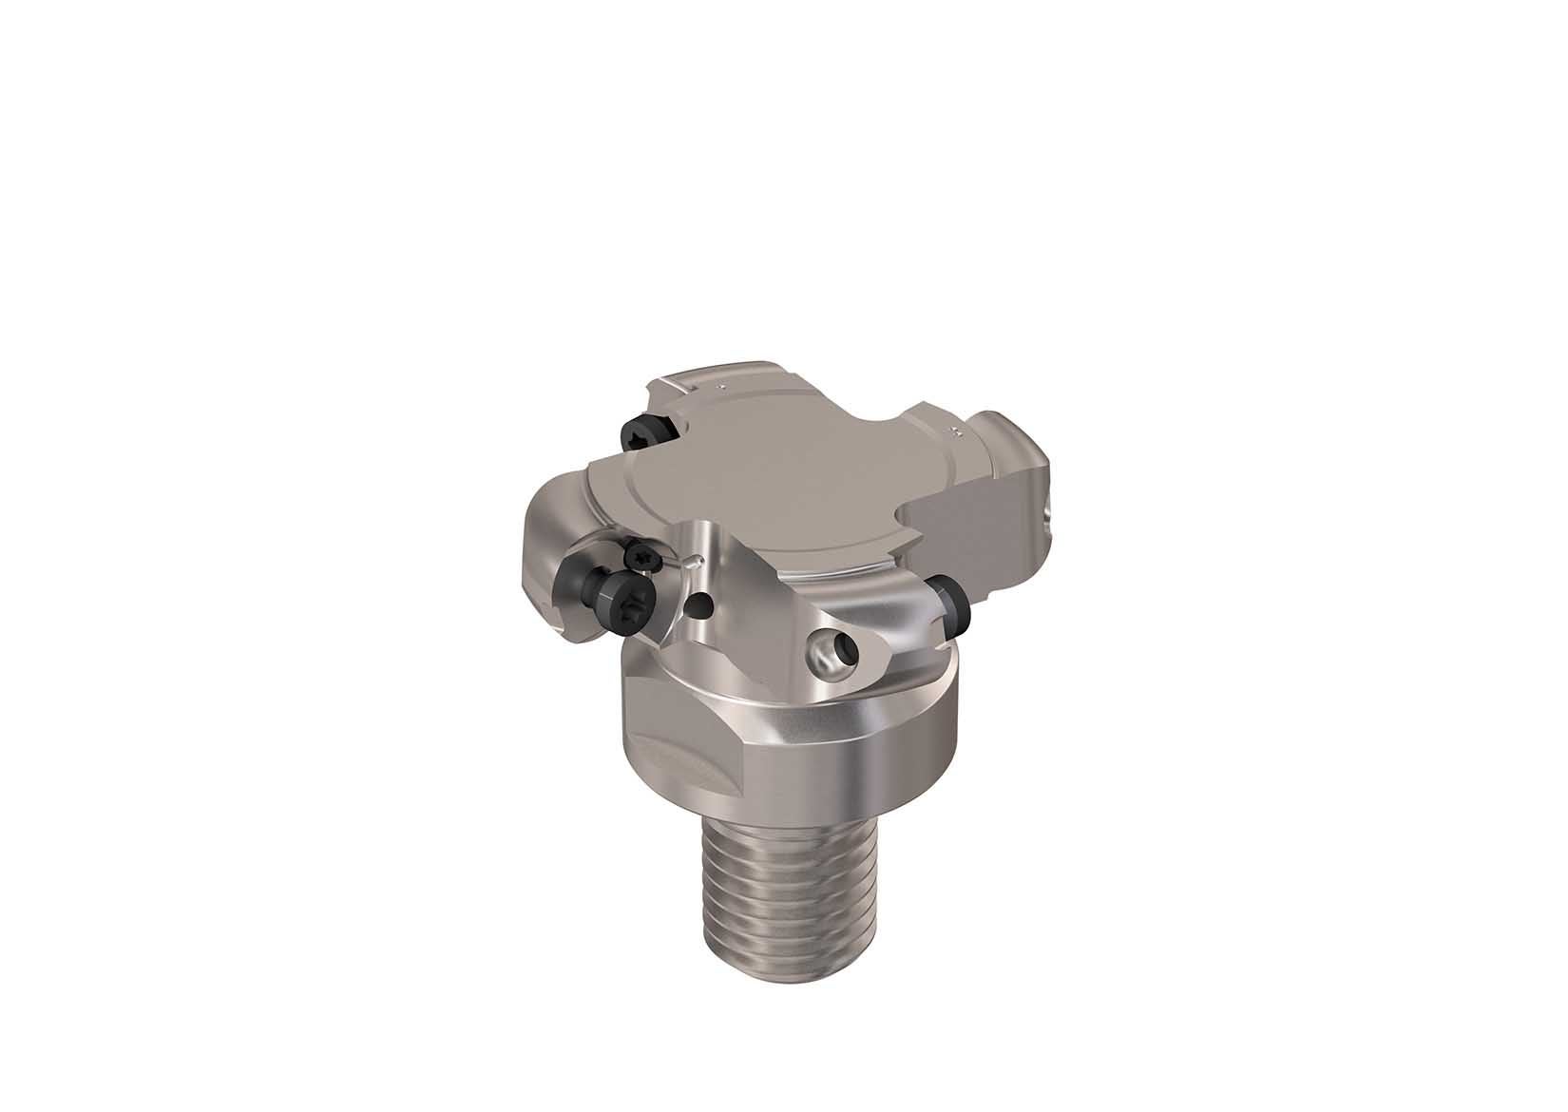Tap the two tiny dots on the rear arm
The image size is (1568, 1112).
click(721, 387)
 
